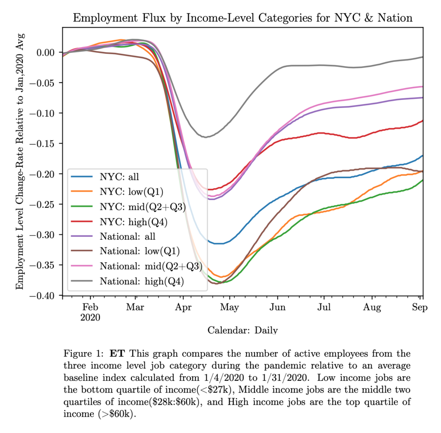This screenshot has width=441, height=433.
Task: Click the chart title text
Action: click(243, 18)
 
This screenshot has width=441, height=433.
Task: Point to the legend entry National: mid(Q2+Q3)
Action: click(151, 266)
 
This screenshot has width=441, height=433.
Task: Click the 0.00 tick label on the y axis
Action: click(47, 53)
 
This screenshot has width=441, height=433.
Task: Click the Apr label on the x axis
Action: click(183, 308)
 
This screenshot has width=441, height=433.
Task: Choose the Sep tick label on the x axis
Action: click(420, 308)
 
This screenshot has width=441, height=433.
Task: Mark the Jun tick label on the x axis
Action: click(278, 308)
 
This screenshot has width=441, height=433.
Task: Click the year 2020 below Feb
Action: click(90, 318)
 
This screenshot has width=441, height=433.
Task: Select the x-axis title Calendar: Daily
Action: click(242, 331)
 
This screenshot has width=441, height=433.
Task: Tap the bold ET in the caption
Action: click(116, 354)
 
